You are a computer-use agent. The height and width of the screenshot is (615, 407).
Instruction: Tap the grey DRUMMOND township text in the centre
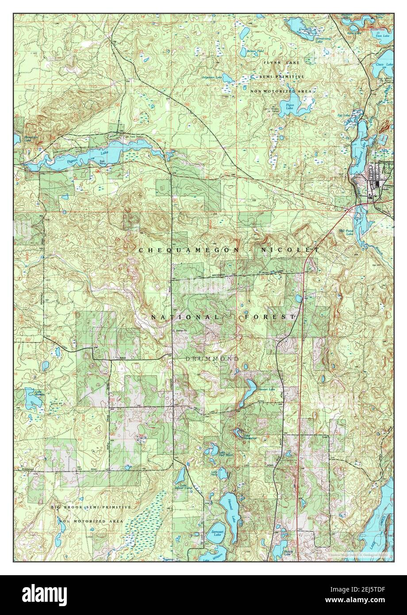click(212, 358)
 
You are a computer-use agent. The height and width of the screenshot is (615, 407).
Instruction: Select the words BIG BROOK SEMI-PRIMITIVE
click(91, 507)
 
